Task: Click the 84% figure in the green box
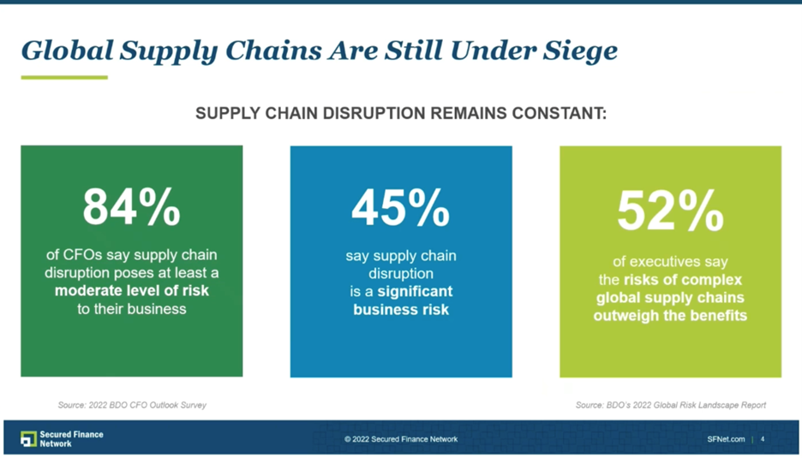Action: tap(131, 206)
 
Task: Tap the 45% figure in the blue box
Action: tap(400, 207)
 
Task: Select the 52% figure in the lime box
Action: tap(670, 211)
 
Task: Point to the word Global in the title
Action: tap(67, 51)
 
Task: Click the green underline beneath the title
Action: tap(64, 78)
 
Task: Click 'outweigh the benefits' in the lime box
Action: tap(670, 316)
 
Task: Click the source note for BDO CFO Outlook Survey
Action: tap(132, 405)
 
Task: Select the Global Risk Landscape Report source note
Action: tap(670, 405)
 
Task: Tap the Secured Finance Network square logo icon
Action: tap(28, 439)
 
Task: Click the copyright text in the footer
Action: tap(401, 439)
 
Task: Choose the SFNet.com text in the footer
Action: tap(726, 439)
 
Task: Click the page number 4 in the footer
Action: tap(763, 439)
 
